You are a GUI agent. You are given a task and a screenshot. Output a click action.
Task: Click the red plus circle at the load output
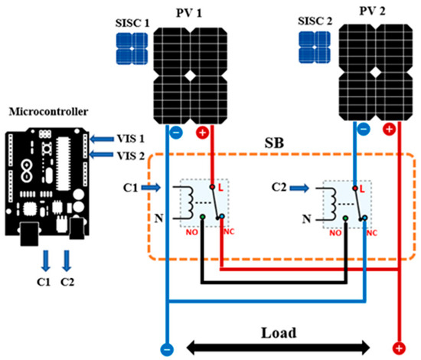coord(397,349)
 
